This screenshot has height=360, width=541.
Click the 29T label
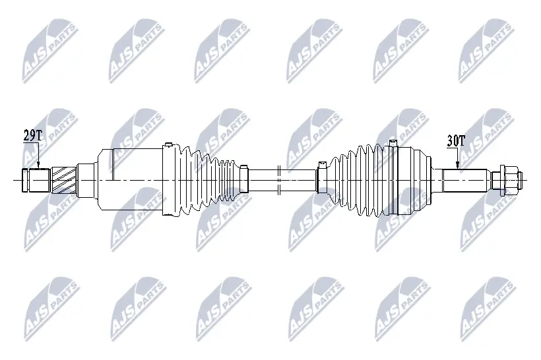click(32, 136)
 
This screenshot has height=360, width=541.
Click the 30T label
click(456, 140)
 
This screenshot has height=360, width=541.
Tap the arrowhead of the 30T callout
click(456, 167)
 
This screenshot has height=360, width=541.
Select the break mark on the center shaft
click(280, 179)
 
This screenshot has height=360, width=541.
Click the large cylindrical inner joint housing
click(129, 179)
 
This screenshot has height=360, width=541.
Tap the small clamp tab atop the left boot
click(169, 144)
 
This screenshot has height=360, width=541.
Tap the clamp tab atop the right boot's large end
click(393, 142)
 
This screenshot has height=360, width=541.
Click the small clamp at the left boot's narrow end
click(243, 179)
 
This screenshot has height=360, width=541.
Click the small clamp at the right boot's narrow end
click(321, 179)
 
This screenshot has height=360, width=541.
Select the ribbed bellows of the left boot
click(205, 179)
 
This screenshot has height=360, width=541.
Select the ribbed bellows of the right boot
click(360, 179)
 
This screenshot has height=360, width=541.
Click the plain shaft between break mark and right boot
click(300, 179)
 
